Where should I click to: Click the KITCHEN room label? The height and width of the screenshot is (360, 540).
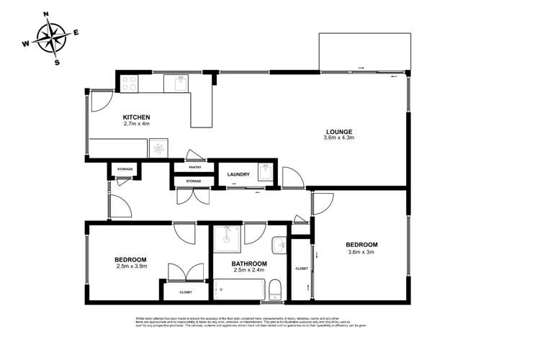pos(136,117)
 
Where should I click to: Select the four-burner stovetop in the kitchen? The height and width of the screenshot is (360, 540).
pos(129,84)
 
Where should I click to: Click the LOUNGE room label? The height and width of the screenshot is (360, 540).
pos(339,130)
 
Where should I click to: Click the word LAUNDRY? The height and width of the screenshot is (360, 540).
pos(238,174)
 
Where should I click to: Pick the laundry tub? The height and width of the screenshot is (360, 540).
pos(265,175)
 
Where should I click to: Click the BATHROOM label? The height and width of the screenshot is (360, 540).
pos(250,264)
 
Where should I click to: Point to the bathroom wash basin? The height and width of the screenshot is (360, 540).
pos(278,244)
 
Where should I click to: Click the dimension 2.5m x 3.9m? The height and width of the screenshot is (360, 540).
pos(130,267)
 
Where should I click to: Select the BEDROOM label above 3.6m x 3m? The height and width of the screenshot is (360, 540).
pos(362,244)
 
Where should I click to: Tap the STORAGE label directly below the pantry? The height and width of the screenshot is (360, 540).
pos(193,181)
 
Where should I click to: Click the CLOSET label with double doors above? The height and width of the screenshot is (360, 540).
pos(186,292)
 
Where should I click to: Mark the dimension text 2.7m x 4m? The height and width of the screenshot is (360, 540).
pos(136,124)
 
